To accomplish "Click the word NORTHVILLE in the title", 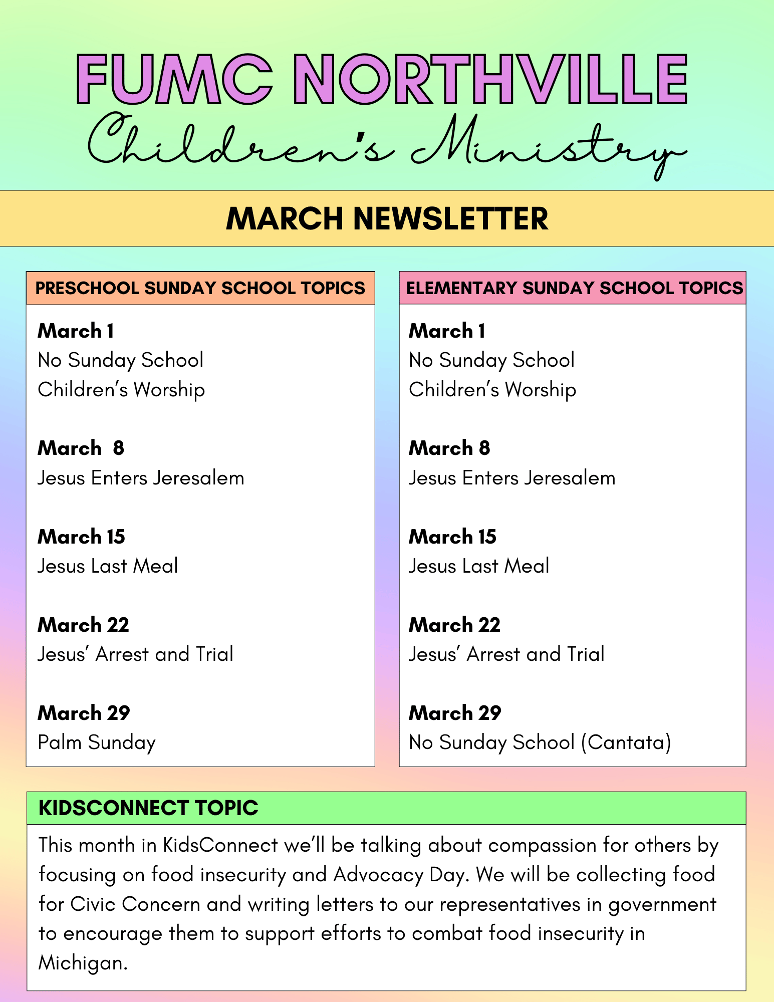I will click(490, 80).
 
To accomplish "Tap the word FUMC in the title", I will click(175, 80).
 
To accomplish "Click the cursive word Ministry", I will click(546, 145).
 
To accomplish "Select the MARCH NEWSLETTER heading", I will click(387, 219).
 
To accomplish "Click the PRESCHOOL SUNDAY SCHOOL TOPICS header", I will click(200, 288).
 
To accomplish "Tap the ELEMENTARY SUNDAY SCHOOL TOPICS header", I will click(574, 288).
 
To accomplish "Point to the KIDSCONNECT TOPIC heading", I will click(148, 808).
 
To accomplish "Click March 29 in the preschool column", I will click(84, 713).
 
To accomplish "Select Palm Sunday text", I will click(97, 742).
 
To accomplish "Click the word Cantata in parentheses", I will click(626, 742).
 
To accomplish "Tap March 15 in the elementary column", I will click(452, 537).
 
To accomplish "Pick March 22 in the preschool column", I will click(83, 625).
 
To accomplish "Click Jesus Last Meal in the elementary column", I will click(479, 566).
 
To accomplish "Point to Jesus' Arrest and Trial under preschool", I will click(135, 654).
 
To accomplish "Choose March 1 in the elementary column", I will click(447, 331).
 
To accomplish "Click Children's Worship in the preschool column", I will click(121, 390).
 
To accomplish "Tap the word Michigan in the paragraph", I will click(83, 963).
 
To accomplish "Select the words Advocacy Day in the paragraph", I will click(401, 875).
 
